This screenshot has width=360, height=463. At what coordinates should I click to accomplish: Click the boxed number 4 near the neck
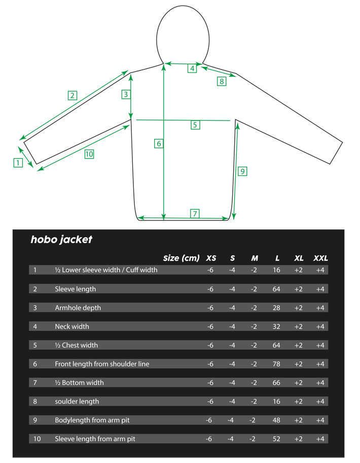click(x=192, y=68)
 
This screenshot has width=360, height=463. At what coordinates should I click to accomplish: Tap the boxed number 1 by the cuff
click(x=18, y=163)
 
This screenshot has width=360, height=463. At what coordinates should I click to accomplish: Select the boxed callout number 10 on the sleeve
click(x=89, y=154)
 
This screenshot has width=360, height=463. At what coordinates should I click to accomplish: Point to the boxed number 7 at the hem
click(x=195, y=213)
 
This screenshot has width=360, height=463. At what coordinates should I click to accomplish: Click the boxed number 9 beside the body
click(x=242, y=171)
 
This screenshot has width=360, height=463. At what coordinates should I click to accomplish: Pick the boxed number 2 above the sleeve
click(x=73, y=96)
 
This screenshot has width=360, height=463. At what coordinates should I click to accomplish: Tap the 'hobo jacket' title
click(x=61, y=240)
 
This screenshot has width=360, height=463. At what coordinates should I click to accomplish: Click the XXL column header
click(x=320, y=258)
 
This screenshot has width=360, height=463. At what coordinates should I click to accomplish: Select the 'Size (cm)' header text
click(x=181, y=258)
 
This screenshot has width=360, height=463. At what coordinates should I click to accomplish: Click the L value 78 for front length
click(x=276, y=364)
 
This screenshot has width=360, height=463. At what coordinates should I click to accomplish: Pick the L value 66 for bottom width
click(x=276, y=382)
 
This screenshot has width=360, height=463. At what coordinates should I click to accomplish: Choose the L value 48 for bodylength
click(x=276, y=420)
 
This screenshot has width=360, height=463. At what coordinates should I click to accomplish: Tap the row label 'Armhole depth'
click(x=78, y=308)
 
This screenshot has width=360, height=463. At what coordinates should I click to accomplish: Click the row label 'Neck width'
click(x=72, y=327)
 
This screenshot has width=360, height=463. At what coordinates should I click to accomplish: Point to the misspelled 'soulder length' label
click(x=77, y=402)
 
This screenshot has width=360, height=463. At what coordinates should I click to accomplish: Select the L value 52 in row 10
click(x=276, y=439)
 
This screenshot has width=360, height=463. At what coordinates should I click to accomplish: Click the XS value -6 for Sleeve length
click(x=210, y=289)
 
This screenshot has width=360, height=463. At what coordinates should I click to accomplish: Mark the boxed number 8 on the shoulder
click(x=222, y=81)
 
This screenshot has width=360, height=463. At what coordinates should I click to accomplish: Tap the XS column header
click(x=211, y=258)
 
